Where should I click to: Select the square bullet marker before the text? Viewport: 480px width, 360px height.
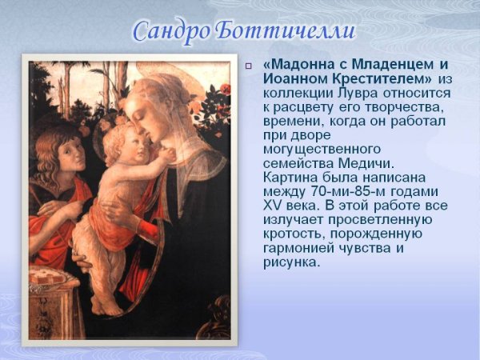(249, 66)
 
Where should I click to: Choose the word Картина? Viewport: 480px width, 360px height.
(292, 179)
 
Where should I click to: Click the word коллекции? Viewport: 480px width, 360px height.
(298, 93)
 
